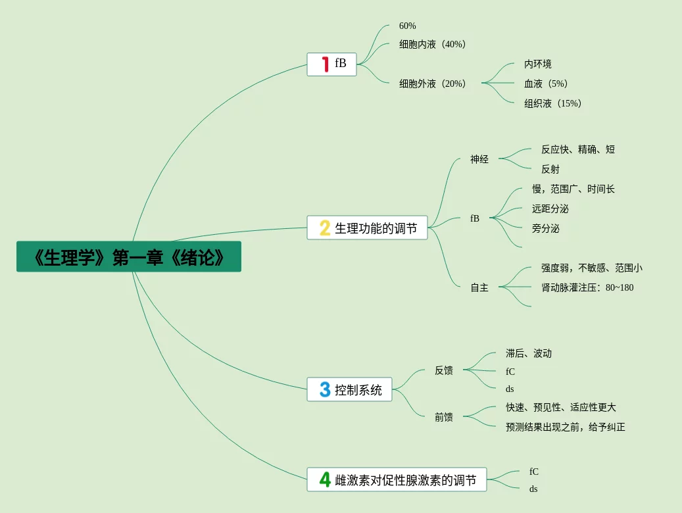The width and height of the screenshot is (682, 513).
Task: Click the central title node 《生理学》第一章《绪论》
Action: (x=129, y=256)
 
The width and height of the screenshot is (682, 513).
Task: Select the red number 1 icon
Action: (x=325, y=64)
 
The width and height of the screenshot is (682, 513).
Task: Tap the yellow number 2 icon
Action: (x=325, y=228)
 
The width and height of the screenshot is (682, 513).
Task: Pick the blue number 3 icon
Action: (x=325, y=389)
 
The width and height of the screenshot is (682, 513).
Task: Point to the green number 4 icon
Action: (x=325, y=479)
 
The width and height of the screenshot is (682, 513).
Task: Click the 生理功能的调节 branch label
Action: (x=376, y=228)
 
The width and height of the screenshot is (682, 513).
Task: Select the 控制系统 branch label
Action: (x=358, y=390)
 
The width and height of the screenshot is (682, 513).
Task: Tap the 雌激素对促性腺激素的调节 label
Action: (x=406, y=480)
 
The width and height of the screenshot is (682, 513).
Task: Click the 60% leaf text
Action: (x=408, y=26)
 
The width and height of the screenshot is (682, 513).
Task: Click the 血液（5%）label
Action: (x=547, y=84)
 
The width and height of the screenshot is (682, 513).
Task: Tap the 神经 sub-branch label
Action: (x=479, y=159)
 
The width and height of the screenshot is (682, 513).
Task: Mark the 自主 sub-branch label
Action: (x=479, y=287)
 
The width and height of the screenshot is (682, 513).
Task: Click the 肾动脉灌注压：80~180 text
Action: (x=587, y=287)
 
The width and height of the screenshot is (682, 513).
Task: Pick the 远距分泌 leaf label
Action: (x=550, y=208)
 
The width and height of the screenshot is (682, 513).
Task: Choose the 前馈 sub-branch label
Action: (x=444, y=416)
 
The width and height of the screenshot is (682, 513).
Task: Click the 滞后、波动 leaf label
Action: (x=529, y=353)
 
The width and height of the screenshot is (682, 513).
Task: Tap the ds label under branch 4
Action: (x=533, y=489)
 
